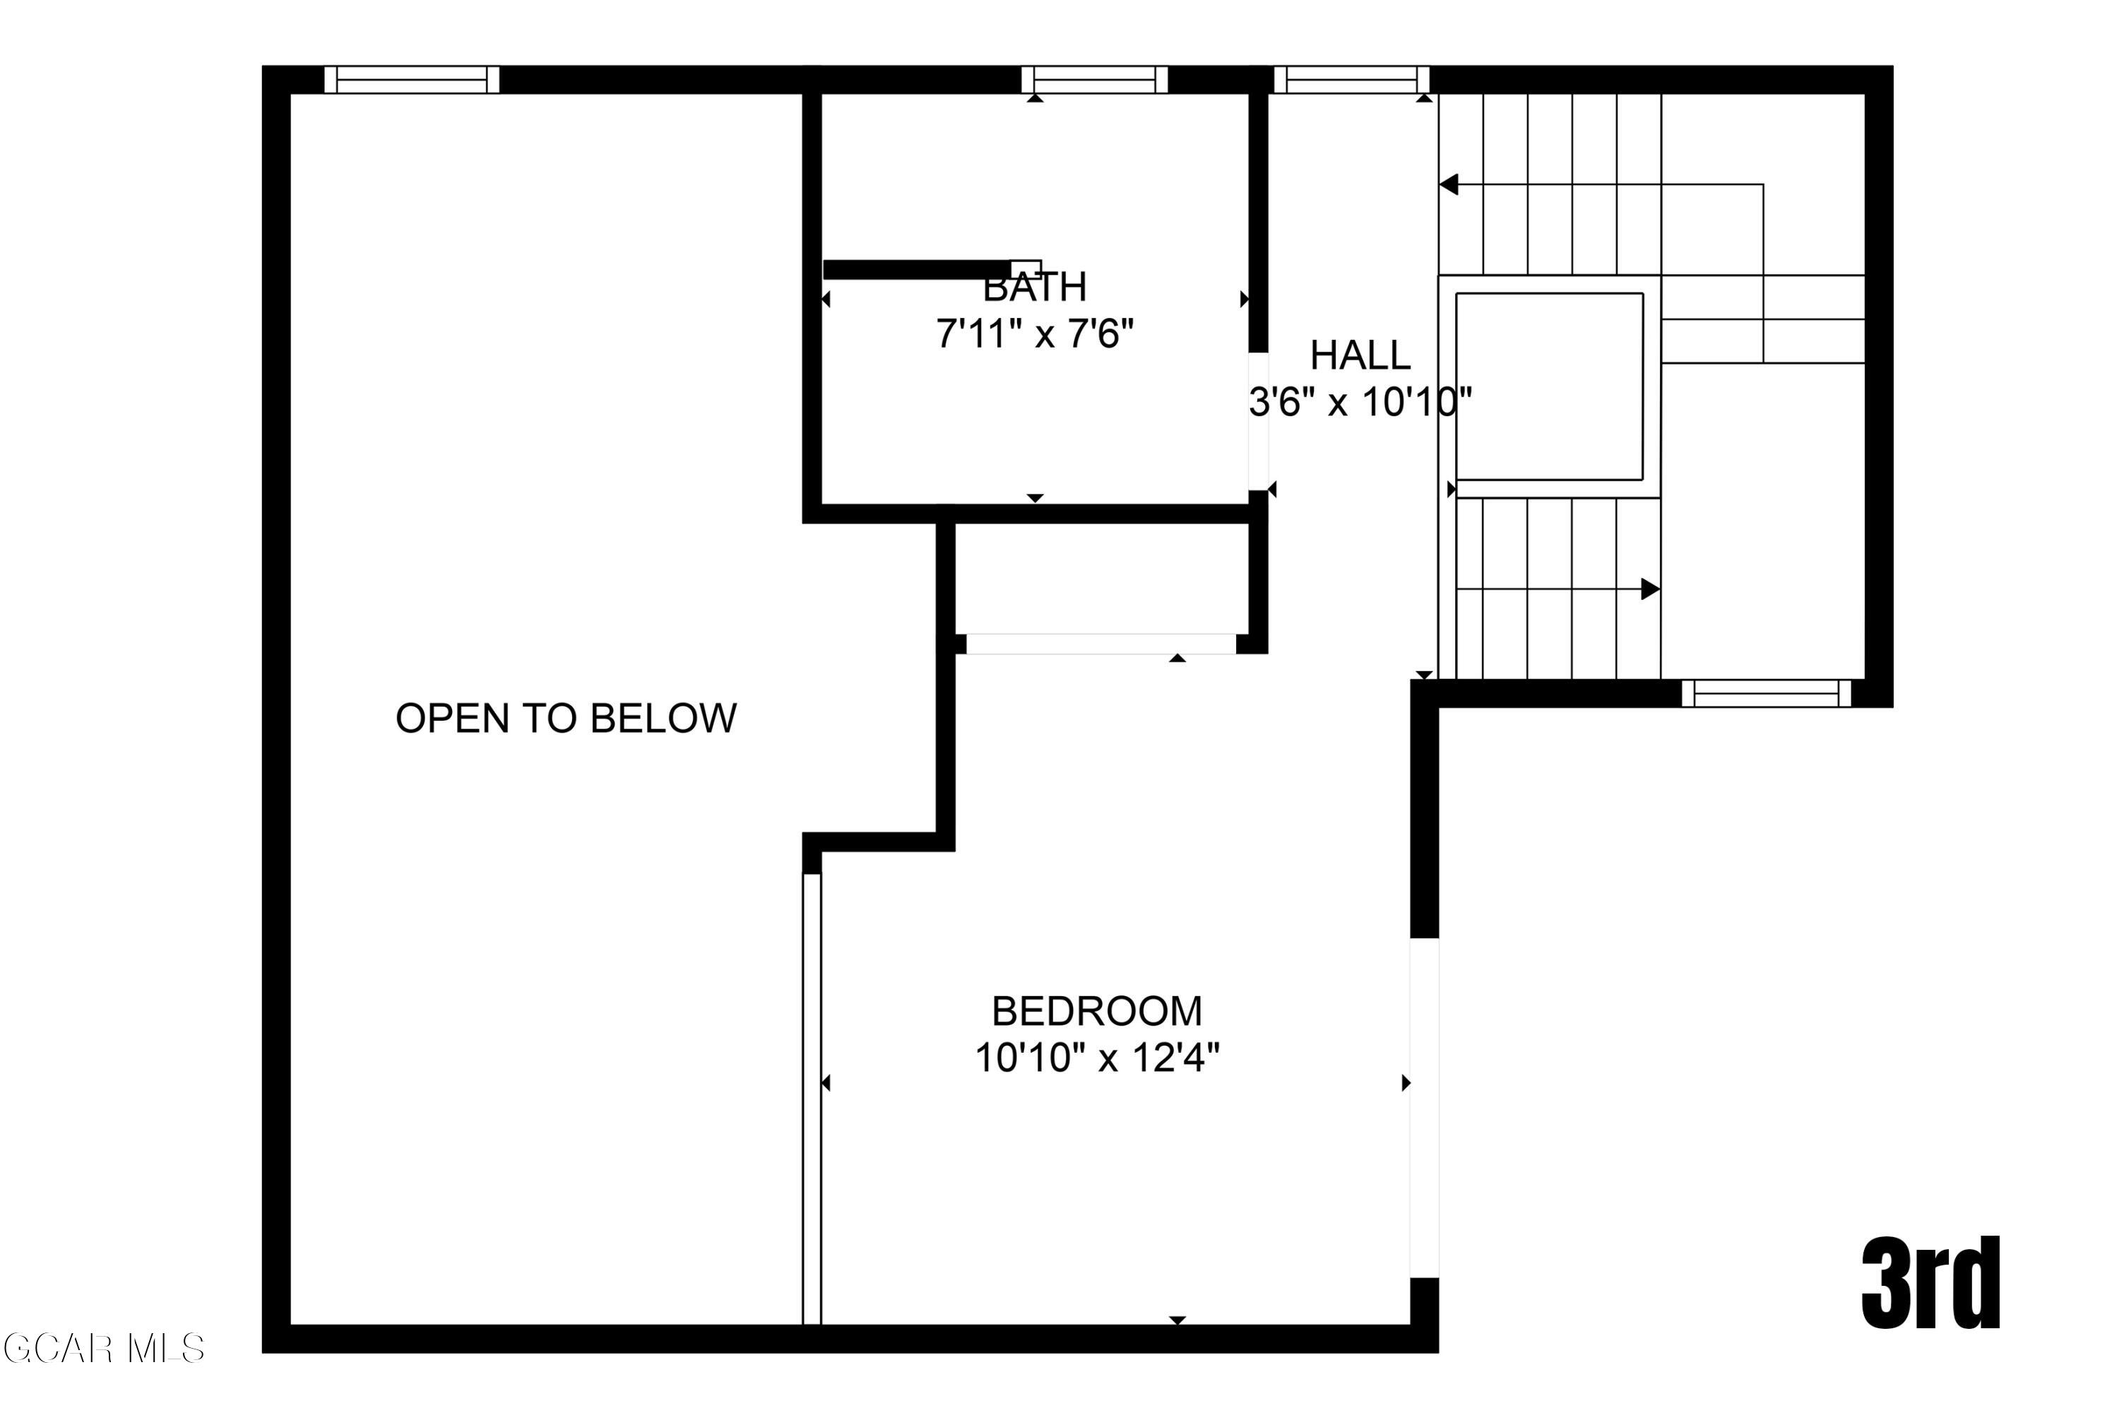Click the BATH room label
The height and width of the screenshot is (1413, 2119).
[1034, 288]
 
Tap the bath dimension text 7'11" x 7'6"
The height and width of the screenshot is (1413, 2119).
[1034, 334]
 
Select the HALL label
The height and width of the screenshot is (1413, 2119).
[1360, 355]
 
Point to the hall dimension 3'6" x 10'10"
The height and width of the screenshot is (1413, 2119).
[1360, 402]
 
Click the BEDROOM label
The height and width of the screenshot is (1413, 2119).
[1096, 1011]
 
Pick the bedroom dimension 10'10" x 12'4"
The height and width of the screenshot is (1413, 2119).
[1096, 1057]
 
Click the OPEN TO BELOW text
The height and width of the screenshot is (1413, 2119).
[566, 719]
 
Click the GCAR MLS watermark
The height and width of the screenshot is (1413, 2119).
[104, 1349]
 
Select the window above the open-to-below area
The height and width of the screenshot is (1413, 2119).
[412, 79]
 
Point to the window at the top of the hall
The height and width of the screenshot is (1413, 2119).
[1351, 79]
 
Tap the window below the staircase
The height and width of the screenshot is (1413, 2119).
[1766, 693]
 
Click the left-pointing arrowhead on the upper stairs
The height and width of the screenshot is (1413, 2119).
[1449, 184]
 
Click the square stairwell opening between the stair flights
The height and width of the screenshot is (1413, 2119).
[1549, 386]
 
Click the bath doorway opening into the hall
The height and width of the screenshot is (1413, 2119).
[1258, 421]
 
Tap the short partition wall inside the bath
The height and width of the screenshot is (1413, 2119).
[919, 269]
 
